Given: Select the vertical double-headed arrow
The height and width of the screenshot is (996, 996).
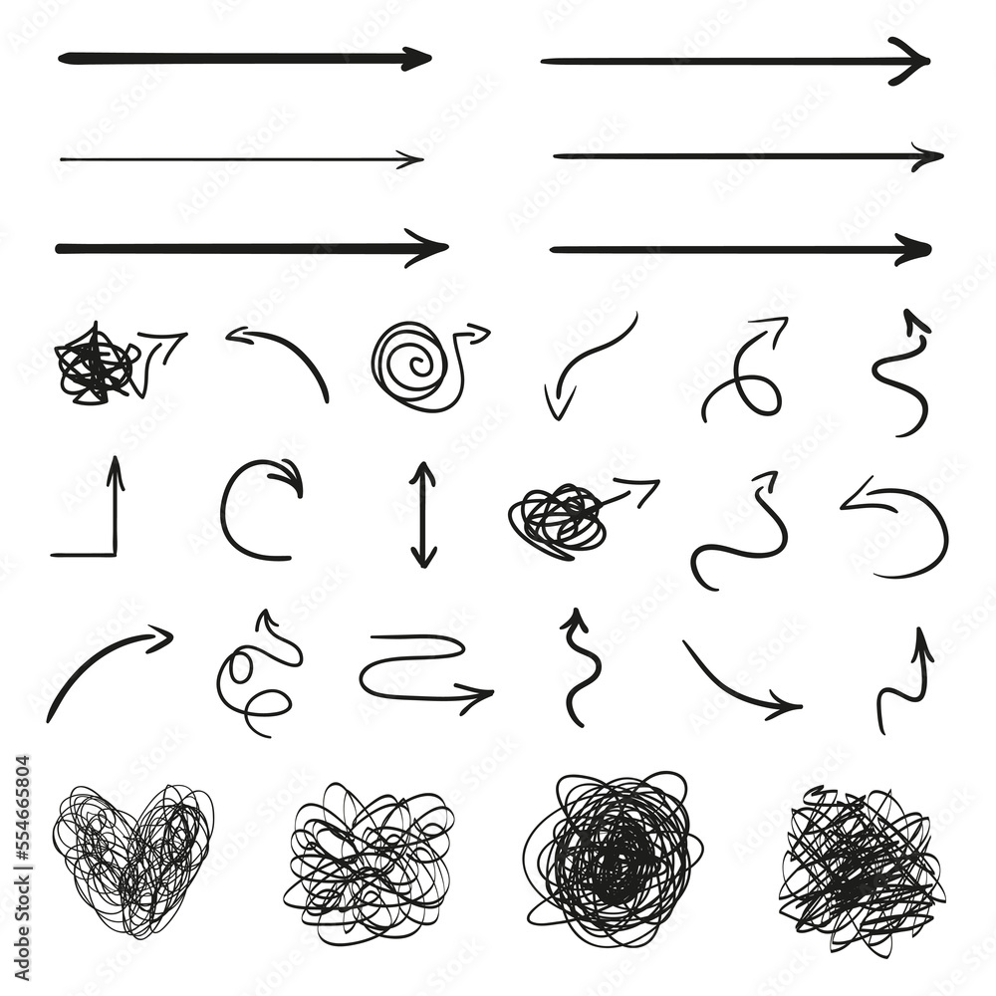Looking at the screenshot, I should click(x=423, y=515).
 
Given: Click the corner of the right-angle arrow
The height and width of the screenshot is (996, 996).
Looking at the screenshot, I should click(x=115, y=554).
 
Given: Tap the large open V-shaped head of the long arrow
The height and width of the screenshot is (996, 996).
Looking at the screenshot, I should click(x=908, y=61).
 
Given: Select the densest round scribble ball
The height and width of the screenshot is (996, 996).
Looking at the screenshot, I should click(x=613, y=857).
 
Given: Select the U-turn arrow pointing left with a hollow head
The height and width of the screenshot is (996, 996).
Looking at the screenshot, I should click(x=896, y=528).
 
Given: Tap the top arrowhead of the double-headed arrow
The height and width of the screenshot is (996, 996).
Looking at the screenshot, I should click(x=423, y=470).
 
